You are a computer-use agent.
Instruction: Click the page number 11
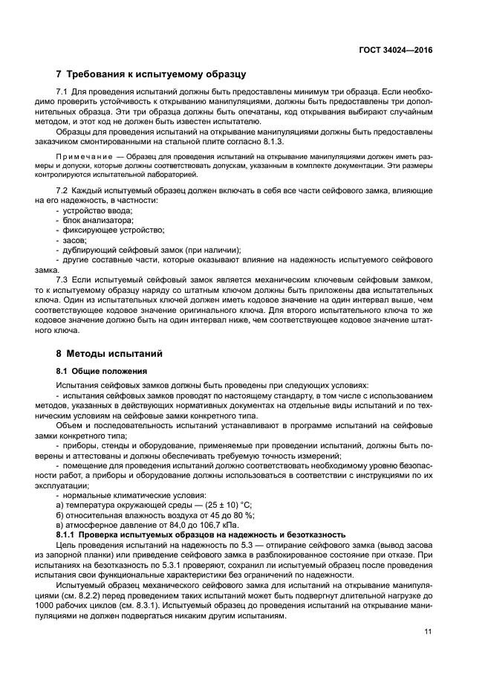coord(427,633)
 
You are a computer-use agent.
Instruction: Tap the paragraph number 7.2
coord(62,192)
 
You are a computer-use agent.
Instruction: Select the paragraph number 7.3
coord(62,279)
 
